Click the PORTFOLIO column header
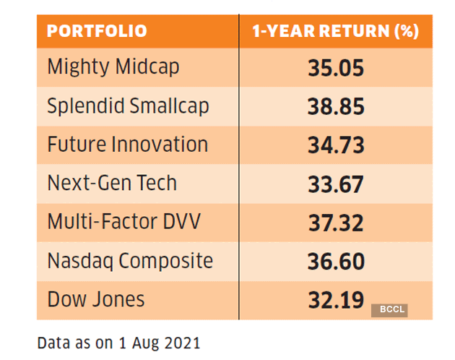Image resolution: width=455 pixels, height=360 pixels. coord(97,31)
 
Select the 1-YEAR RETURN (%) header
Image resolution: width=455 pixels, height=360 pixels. coord(335,31)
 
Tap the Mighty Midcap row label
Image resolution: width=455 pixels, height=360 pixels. coord(113,67)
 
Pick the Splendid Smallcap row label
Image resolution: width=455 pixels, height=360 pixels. coord(128,106)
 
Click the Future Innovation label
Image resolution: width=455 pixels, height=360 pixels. coord(127,144)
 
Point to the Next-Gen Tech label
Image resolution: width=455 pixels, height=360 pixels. coord(112,182)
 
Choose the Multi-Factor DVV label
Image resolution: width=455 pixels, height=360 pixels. coord(123,220)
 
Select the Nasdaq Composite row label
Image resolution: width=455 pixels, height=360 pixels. coord(130,260)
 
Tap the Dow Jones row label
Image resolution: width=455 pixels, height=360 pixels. coord(96,298)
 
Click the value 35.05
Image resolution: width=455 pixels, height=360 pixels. coord(335,69)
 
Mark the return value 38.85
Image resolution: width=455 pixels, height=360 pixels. coord(335,107)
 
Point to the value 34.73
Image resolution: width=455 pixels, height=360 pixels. coord(335,145)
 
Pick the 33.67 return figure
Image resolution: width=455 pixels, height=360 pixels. coord(335,184)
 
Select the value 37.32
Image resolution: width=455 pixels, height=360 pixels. coord(335,222)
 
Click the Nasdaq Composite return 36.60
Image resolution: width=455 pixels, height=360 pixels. coord(335,260)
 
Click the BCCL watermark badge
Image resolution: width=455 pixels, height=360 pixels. coord(389,310)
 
